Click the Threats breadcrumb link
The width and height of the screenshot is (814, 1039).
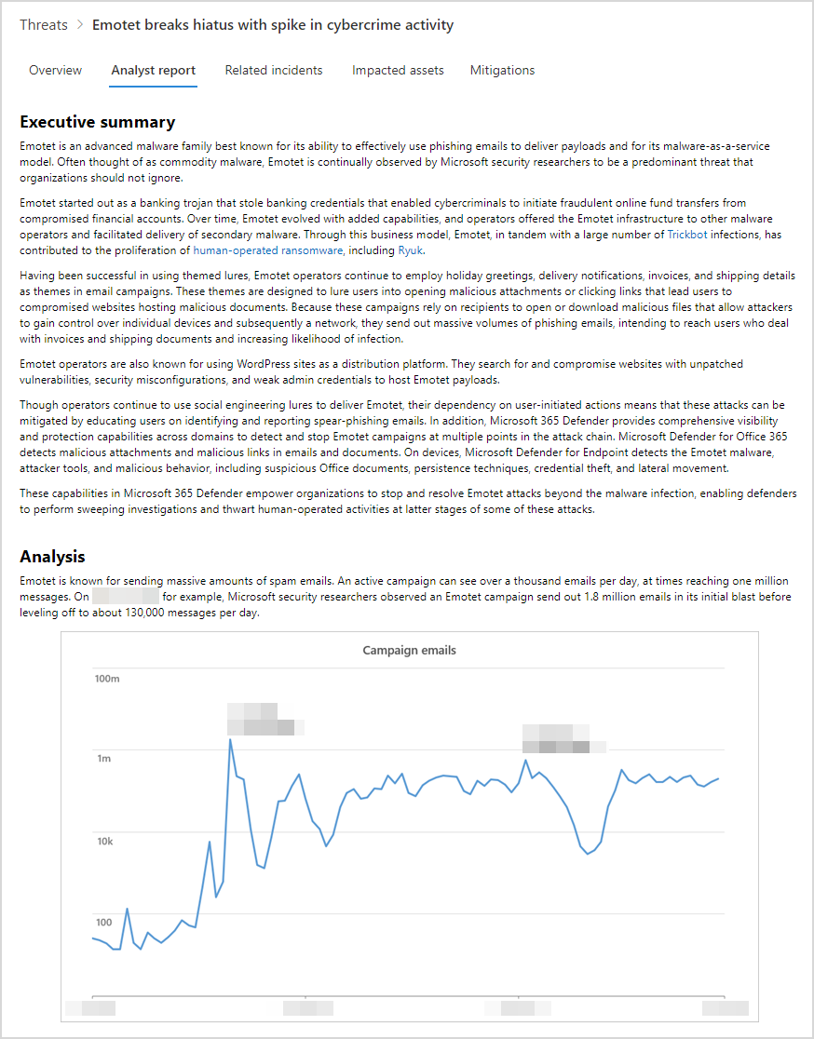pyautogui.click(x=43, y=25)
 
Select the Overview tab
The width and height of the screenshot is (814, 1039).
pyautogui.click(x=55, y=70)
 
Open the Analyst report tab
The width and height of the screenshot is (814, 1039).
pyautogui.click(x=153, y=70)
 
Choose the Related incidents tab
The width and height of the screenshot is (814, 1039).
pyautogui.click(x=274, y=70)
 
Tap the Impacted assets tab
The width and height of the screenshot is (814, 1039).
pyautogui.click(x=398, y=70)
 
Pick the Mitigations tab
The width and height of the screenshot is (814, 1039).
pyautogui.click(x=502, y=70)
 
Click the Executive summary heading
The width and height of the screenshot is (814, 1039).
pyautogui.click(x=97, y=122)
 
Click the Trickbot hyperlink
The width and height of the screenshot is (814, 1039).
pyautogui.click(x=687, y=236)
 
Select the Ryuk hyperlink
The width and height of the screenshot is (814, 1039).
pyautogui.click(x=410, y=250)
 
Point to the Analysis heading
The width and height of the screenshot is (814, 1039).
pyautogui.click(x=52, y=557)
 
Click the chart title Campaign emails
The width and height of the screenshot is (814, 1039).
pyautogui.click(x=409, y=650)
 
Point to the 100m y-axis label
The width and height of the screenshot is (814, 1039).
pyautogui.click(x=107, y=679)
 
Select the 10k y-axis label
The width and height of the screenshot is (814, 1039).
pyautogui.click(x=103, y=841)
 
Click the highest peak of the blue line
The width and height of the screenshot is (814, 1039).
pyautogui.click(x=230, y=739)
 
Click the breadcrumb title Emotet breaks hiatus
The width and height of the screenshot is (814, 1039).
pyautogui.click(x=273, y=25)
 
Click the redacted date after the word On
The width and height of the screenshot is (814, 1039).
pyautogui.click(x=127, y=596)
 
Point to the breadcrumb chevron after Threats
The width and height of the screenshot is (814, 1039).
pyautogui.click(x=79, y=25)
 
